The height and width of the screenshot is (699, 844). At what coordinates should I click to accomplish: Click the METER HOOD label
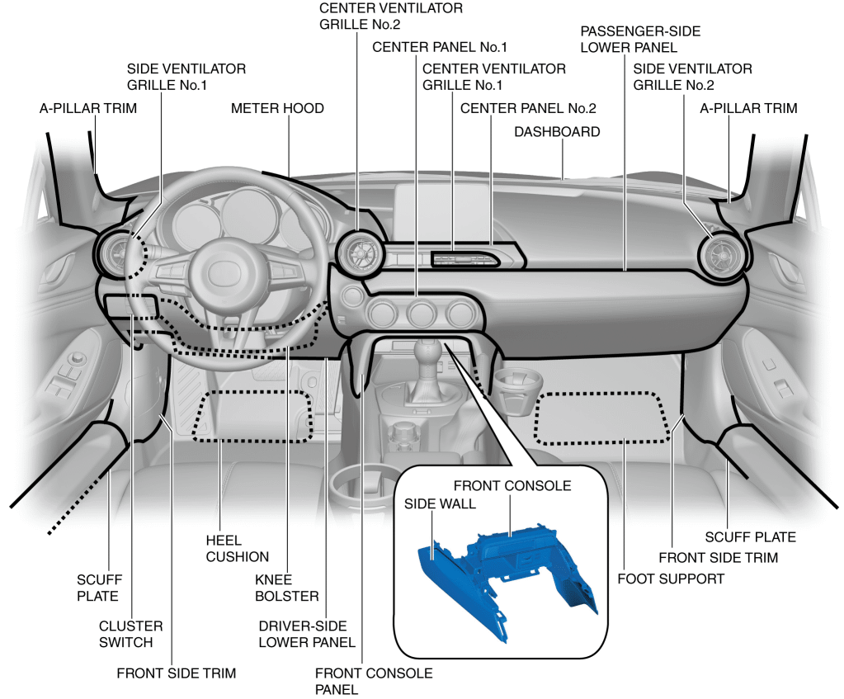click(277, 108)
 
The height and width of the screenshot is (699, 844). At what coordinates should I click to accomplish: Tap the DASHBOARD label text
click(557, 132)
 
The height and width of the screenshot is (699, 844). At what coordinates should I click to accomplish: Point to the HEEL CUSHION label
click(238, 548)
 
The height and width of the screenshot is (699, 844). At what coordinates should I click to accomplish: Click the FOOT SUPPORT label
click(671, 579)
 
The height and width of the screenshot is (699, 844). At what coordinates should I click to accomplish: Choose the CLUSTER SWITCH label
click(130, 634)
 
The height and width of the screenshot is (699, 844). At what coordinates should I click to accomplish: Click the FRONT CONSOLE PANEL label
click(374, 681)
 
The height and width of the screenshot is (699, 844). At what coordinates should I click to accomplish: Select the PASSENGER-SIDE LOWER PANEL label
click(640, 39)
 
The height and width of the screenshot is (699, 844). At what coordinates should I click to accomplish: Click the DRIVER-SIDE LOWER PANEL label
click(307, 634)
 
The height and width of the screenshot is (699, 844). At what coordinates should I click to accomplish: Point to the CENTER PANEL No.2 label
click(528, 108)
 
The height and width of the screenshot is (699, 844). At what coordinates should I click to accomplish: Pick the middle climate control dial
click(422, 314)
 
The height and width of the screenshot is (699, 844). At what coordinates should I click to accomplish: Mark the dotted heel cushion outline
click(253, 415)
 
